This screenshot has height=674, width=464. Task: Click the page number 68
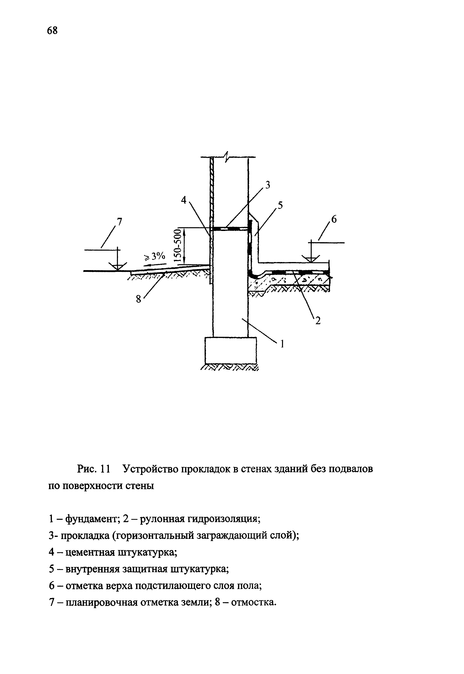point(52,30)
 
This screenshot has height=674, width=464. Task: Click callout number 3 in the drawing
point(267,185)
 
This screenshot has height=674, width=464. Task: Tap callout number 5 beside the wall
point(280,205)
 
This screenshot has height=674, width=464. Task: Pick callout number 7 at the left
point(119,222)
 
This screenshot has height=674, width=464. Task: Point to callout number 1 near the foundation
point(281,344)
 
